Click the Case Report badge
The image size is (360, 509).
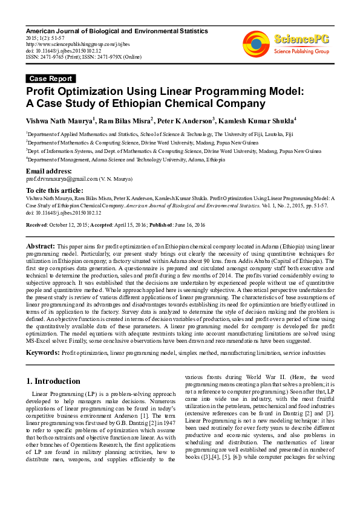click(x=51, y=79)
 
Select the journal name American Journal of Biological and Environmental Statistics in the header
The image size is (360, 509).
click(x=117, y=31)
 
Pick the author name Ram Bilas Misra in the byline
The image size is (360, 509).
click(x=127, y=120)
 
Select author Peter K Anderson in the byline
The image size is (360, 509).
click(x=187, y=120)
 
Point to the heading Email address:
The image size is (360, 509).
click(x=50, y=171)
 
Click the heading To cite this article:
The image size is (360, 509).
click(x=55, y=190)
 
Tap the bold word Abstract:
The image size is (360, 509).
click(x=41, y=247)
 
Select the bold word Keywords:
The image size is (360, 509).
click(x=42, y=352)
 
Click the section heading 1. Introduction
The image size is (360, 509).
click(x=57, y=381)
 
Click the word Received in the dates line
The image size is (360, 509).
click(x=36, y=224)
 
